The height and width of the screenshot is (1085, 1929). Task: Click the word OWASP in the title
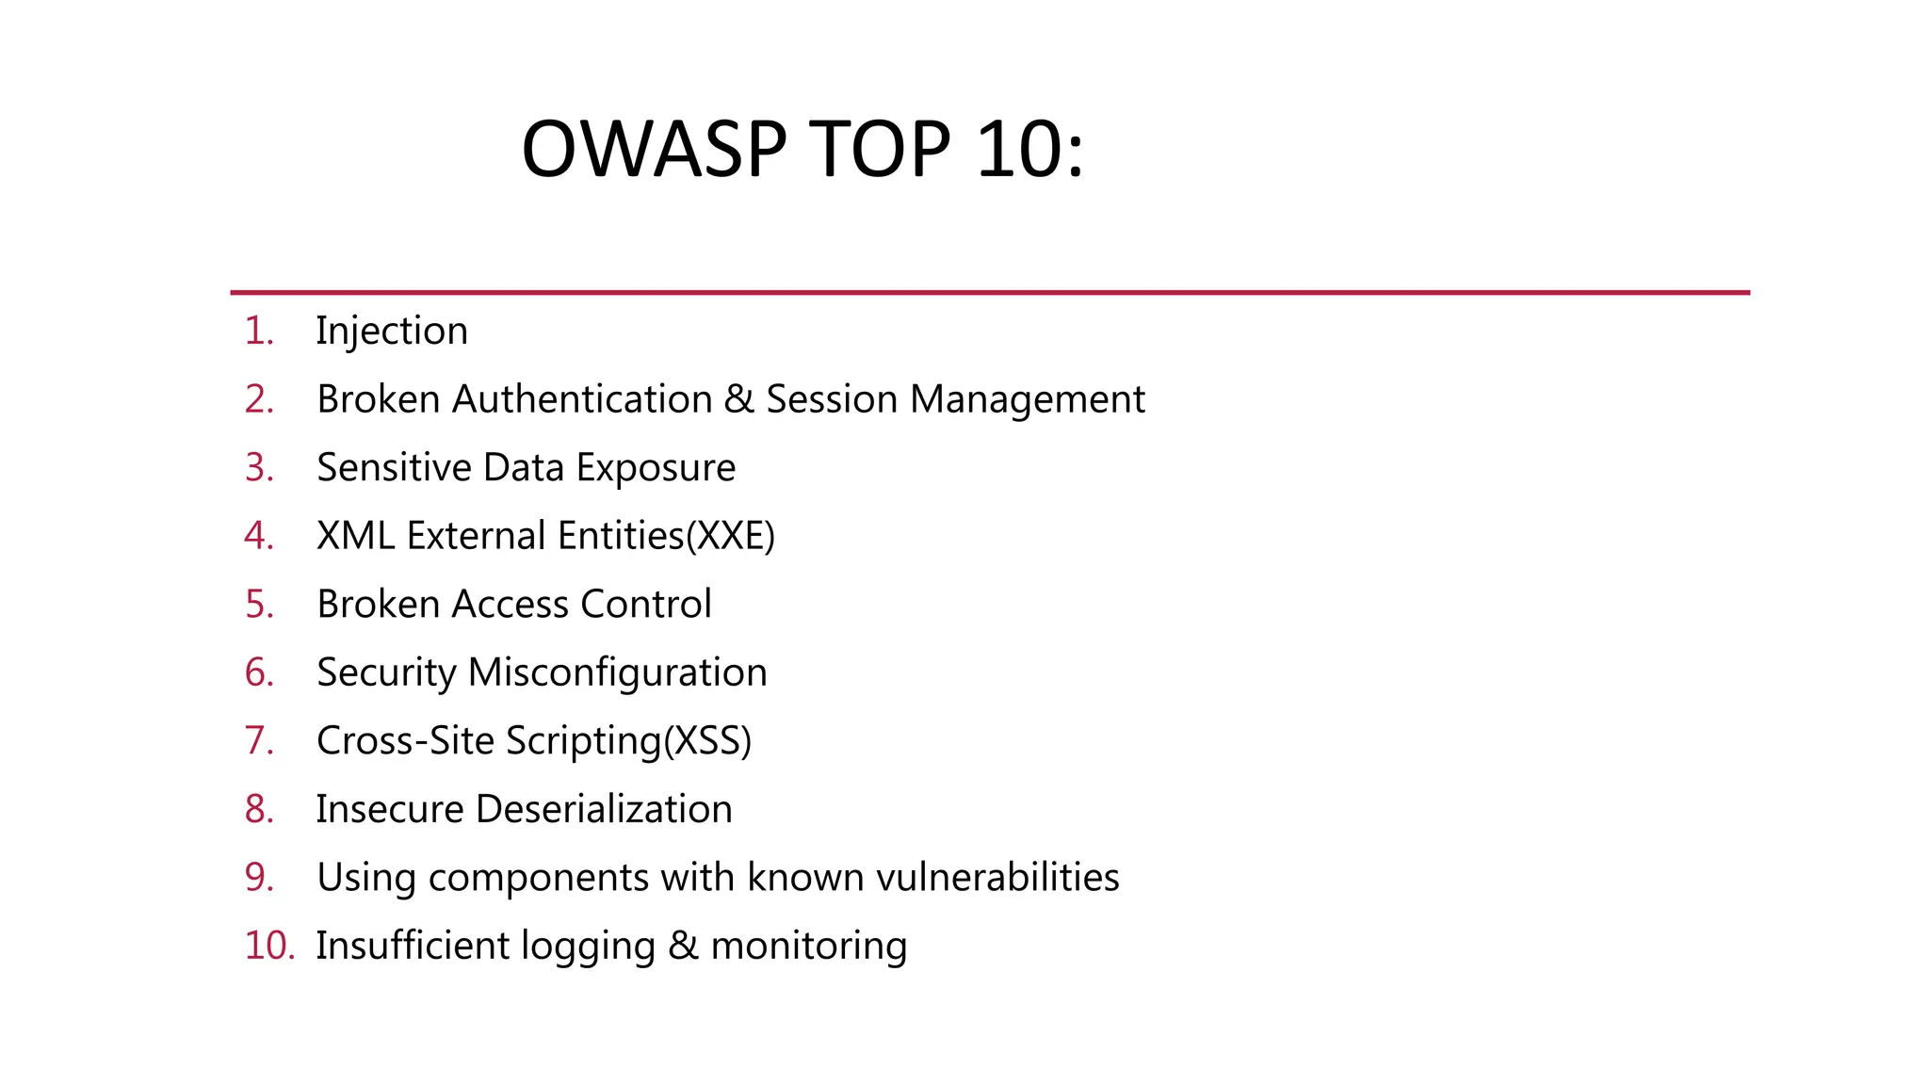[654, 149]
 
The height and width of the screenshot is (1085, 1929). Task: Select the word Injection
[392, 332]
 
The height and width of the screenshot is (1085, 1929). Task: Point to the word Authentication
[582, 399]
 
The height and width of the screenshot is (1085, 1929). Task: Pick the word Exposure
[656, 468]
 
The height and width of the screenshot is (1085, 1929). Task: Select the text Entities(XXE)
[666, 536]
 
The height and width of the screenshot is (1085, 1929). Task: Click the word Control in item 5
[646, 605]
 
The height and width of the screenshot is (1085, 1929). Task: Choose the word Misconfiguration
[618, 672]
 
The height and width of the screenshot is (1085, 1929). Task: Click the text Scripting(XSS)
[628, 741]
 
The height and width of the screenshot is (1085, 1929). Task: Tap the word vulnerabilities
[997, 878]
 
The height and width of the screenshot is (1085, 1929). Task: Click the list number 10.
[268, 946]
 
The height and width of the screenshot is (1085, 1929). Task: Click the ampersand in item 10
[683, 946]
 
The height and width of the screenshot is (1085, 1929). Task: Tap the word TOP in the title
[880, 149]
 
